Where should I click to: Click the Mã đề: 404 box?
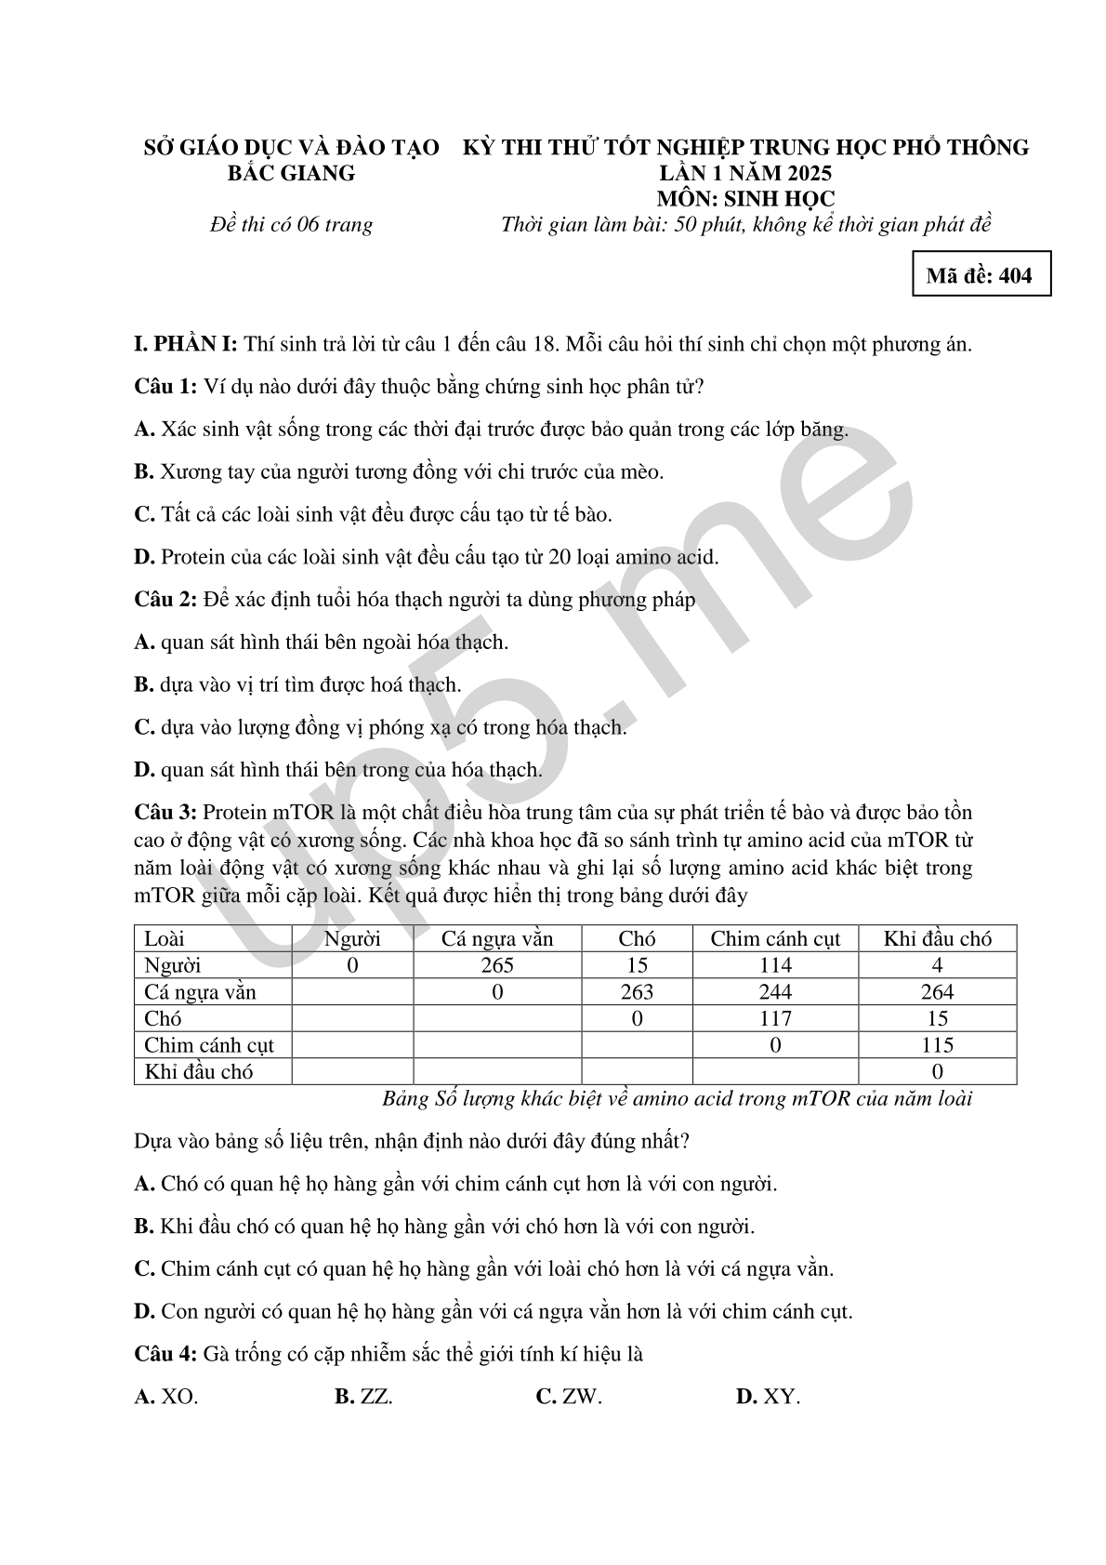[x=981, y=275]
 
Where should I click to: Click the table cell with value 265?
[x=497, y=965]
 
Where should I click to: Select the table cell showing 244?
[x=775, y=992]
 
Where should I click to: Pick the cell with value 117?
[x=775, y=1018]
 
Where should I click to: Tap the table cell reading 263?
[x=637, y=992]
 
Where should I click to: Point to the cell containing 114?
[x=775, y=965]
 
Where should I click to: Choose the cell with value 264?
[x=937, y=992]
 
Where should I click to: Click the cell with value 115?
[x=937, y=1044]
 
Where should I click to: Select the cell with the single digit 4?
[x=937, y=965]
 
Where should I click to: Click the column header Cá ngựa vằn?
[x=497, y=938]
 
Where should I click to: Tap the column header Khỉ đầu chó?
[x=937, y=938]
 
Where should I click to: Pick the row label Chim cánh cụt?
[x=209, y=1044]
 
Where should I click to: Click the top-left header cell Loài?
[x=165, y=938]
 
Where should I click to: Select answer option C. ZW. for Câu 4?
[x=569, y=1397]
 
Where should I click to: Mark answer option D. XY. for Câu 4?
[x=768, y=1397]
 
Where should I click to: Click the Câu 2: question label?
[x=165, y=600]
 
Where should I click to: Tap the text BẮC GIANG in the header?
[x=292, y=173]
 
